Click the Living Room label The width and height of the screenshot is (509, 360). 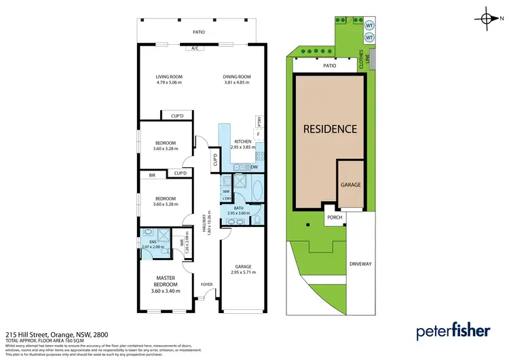point(169,77)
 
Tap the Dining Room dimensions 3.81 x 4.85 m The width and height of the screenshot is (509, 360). point(237,83)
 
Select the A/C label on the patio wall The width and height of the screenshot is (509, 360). point(194,48)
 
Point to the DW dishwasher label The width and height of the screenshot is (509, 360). point(253,166)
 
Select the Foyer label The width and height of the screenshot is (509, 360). point(207,284)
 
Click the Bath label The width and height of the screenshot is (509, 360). point(238,209)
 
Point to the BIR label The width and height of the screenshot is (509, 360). point(153,175)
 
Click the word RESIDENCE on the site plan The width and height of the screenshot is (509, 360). point(329,128)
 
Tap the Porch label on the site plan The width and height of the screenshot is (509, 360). point(334,218)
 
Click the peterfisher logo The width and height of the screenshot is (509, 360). point(453,331)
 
